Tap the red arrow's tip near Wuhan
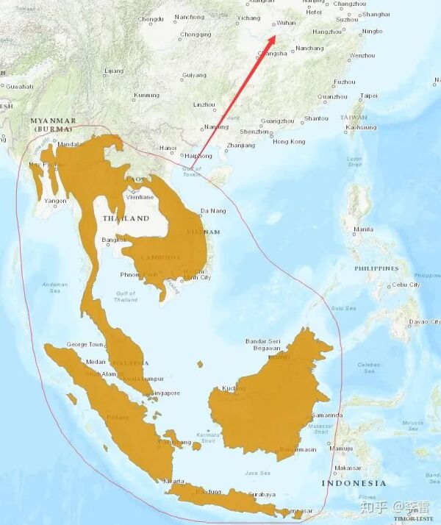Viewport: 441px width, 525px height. tap(275, 32)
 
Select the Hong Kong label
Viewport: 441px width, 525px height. tap(288, 141)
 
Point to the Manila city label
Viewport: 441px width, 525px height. tap(363, 229)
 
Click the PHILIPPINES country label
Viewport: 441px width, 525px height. tap(377, 268)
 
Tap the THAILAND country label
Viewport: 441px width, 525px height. tap(126, 218)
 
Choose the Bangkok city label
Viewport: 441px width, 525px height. tap(114, 240)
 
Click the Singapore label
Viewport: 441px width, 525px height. tap(165, 393)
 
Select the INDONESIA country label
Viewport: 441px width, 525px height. tap(353, 483)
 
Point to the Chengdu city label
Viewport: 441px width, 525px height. tap(151, 18)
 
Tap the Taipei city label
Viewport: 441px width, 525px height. tap(368, 96)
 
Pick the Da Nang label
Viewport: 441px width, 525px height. tap(213, 211)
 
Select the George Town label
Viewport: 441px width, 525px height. tap(85, 344)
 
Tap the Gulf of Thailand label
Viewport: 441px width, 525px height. tap(126, 296)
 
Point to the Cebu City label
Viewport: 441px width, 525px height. tap(405, 285)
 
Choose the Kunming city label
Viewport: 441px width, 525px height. tap(146, 95)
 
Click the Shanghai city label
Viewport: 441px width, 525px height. tap(376, 14)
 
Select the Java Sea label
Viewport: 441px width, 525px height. tap(257, 473)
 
